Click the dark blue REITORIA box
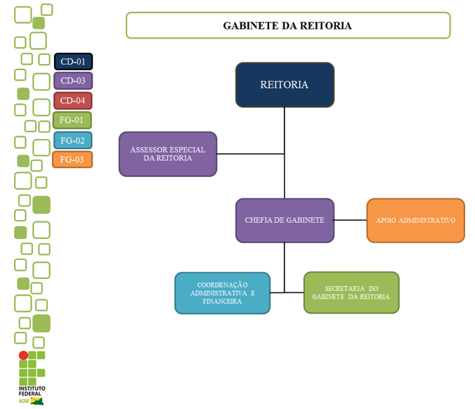pyautogui.click(x=284, y=84)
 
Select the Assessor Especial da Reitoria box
pyautogui.click(x=167, y=153)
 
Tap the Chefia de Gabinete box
pyautogui.click(x=284, y=220)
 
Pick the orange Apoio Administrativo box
pyautogui.click(x=415, y=220)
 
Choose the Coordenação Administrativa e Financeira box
pyautogui.click(x=222, y=292)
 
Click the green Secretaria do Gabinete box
pyautogui.click(x=351, y=292)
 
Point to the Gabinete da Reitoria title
pyautogui.click(x=287, y=25)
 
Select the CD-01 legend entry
pyautogui.click(x=73, y=62)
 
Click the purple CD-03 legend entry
pyautogui.click(x=73, y=81)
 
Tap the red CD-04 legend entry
pyautogui.click(x=73, y=100)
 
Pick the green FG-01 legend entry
pyautogui.click(x=72, y=120)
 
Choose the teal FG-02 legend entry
pyautogui.click(x=72, y=140)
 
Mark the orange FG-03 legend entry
pyautogui.click(x=72, y=160)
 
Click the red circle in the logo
pyautogui.click(x=23, y=356)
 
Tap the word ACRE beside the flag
pyautogui.click(x=24, y=401)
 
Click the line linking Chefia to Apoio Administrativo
pyautogui.click(x=350, y=220)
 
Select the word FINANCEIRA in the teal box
pyautogui.click(x=222, y=301)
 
